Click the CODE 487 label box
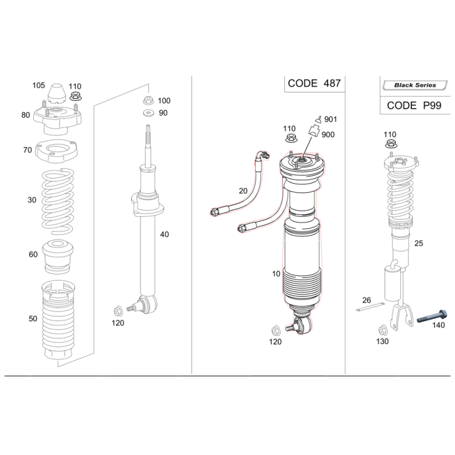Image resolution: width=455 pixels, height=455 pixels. point(314,83)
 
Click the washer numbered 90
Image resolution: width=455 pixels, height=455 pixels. point(148,113)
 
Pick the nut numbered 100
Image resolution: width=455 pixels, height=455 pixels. point(148,101)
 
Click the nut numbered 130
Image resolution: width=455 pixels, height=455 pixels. point(383,329)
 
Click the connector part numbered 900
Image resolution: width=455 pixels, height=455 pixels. point(312,131)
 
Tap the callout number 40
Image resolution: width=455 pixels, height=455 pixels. point(164,234)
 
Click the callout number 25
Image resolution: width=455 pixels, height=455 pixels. point(419,243)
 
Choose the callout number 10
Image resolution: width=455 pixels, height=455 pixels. point(276,274)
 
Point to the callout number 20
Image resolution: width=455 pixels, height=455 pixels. point(243,191)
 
